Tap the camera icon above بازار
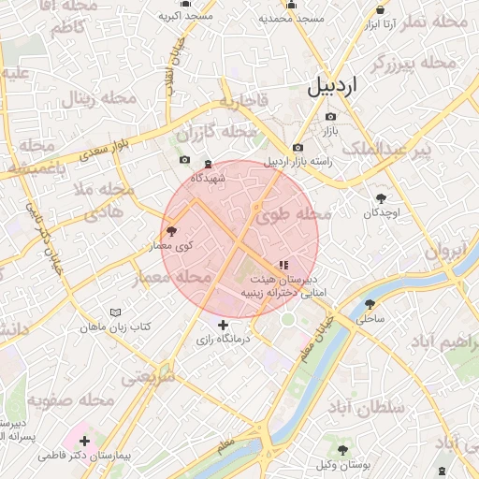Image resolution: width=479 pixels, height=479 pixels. click(x=330, y=117)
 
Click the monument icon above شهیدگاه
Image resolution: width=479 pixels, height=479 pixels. click(x=208, y=164)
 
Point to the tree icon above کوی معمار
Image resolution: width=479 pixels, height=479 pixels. click(x=170, y=230)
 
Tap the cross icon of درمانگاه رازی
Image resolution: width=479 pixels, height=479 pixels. click(x=223, y=325)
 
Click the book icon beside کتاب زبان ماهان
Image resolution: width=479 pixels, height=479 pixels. click(x=115, y=312)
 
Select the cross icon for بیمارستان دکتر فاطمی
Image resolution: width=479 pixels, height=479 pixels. click(x=85, y=441)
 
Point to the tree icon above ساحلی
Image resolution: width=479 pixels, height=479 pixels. click(x=370, y=304)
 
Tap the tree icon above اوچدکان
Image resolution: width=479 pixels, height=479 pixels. click(x=382, y=198)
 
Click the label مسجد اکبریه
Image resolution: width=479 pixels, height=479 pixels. click(x=185, y=17)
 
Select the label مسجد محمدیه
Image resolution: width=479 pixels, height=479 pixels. click(x=291, y=18)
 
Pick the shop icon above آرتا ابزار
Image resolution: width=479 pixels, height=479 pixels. click(x=380, y=9)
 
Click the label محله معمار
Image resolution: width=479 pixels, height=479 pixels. click(x=196, y=276)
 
